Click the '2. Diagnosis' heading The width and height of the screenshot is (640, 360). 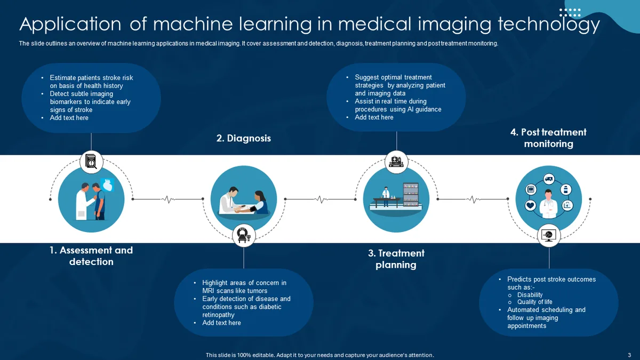(243, 138)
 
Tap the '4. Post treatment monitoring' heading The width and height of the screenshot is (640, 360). (548, 138)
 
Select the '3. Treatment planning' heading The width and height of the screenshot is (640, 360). (396, 259)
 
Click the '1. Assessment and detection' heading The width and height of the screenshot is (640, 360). (91, 256)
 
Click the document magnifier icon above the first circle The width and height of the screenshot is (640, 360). (91, 162)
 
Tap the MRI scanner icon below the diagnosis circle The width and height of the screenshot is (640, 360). (244, 235)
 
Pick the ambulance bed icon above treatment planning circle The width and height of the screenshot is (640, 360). (396, 162)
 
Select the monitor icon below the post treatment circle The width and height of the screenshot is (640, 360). (549, 235)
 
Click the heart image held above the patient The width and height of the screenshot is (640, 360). (108, 185)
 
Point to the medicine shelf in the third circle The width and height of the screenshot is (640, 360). (411, 195)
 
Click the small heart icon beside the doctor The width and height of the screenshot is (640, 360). (530, 205)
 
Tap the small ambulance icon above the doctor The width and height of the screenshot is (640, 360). (549, 179)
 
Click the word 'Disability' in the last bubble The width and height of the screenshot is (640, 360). (530, 295)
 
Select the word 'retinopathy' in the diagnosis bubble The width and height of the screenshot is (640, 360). (218, 315)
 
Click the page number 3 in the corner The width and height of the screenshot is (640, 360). (629, 355)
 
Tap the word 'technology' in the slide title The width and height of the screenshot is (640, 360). (549, 25)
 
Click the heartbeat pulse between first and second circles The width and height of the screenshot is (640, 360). (169, 199)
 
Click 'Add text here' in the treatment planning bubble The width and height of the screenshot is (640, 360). (374, 117)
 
